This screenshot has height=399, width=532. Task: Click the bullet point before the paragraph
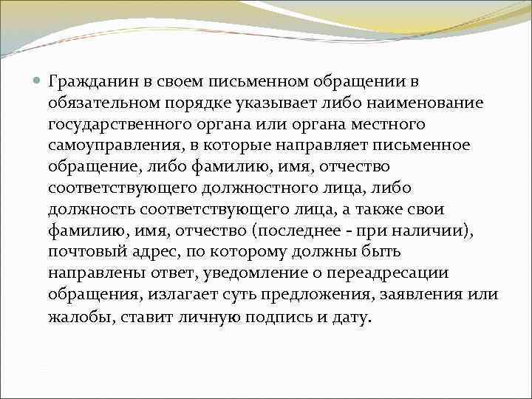pyautogui.click(x=38, y=80)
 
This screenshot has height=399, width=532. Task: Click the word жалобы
pyautogui.click(x=75, y=318)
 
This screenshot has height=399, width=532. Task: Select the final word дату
pyautogui.click(x=351, y=318)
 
